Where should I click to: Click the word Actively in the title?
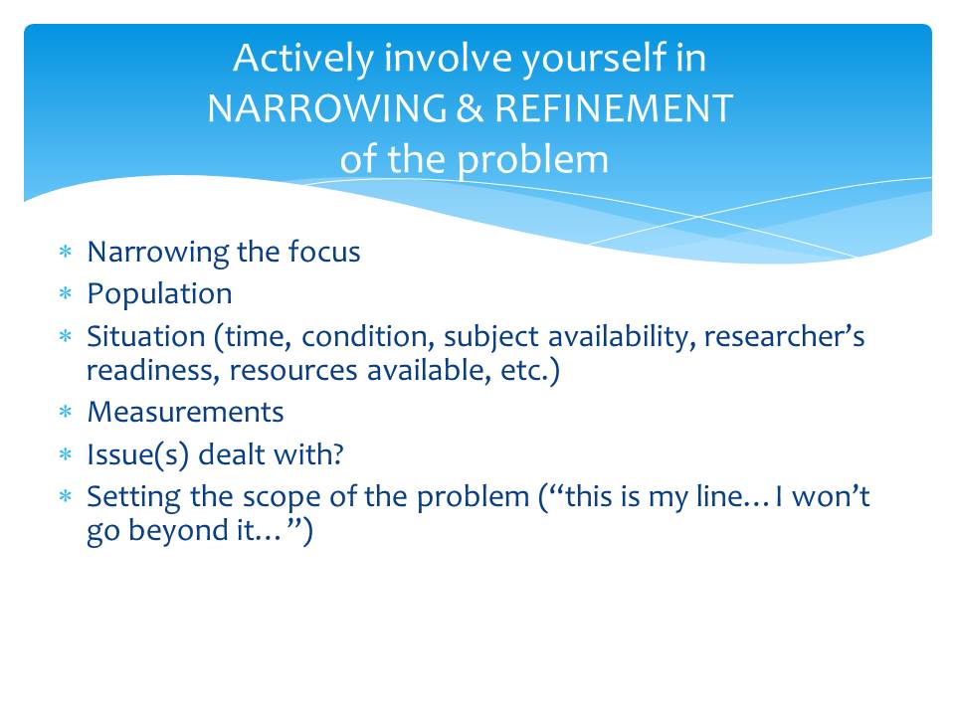[x=303, y=59]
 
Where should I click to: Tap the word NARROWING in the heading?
[x=327, y=108]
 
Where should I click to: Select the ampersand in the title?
[x=470, y=108]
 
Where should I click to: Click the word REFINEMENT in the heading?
[x=614, y=108]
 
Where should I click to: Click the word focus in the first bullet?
[x=324, y=252]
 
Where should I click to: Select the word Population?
[x=159, y=294]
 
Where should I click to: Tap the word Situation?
[x=146, y=336]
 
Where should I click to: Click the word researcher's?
[x=785, y=336]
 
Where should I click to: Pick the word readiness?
[x=153, y=370]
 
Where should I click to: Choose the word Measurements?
[x=186, y=412]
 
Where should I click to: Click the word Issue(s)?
[x=137, y=455]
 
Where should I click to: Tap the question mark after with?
[x=338, y=454]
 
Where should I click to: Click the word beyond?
[x=178, y=530]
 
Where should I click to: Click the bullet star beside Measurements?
[x=66, y=412]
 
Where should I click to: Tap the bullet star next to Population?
[x=66, y=294]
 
